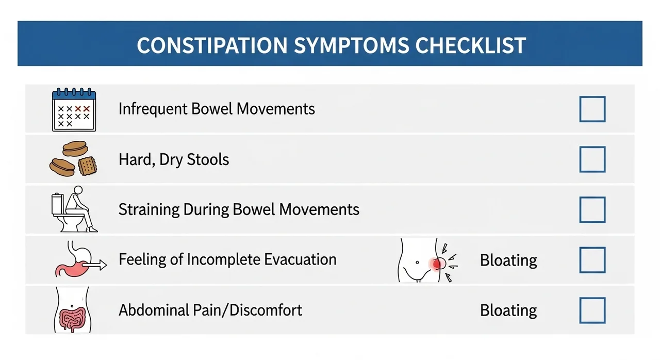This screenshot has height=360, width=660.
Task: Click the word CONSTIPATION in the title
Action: (212, 45)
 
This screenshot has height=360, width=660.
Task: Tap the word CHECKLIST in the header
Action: (471, 45)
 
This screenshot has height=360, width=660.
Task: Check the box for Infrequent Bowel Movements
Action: (592, 109)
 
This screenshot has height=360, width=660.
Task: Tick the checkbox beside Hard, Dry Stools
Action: (592, 159)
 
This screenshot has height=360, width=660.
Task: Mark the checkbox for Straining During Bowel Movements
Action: (592, 210)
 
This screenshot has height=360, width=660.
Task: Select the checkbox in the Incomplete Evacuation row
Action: (592, 260)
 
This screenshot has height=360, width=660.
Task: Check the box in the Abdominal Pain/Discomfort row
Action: (592, 310)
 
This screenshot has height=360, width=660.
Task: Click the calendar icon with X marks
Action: (74, 109)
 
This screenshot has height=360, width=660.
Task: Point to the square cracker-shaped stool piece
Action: (88, 166)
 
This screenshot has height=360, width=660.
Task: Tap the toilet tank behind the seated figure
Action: (57, 203)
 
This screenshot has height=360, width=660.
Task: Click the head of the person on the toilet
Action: (78, 190)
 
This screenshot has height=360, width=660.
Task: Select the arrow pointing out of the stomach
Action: (94, 265)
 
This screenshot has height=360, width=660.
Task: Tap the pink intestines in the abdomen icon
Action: (73, 319)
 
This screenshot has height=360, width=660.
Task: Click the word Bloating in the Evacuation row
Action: (508, 260)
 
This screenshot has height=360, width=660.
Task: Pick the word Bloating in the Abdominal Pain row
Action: (508, 310)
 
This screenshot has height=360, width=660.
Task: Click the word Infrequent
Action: (153, 109)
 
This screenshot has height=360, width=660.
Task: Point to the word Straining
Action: (149, 210)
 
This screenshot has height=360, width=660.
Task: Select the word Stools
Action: (208, 159)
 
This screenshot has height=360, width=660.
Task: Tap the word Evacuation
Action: (300, 259)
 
